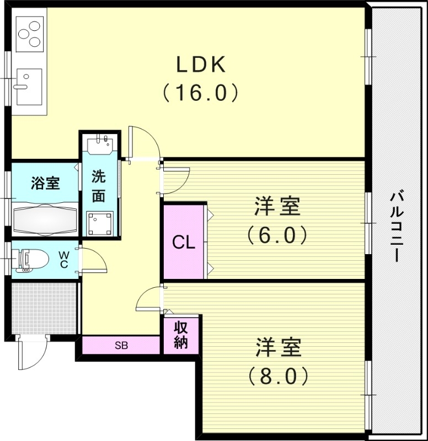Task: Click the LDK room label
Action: tap(201, 66)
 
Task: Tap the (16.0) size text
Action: tap(201, 92)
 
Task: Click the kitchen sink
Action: tap(28, 86)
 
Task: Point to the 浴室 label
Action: tap(45, 183)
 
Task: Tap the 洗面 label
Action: tap(99, 186)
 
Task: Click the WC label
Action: tap(64, 259)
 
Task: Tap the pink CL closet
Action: tap(184, 242)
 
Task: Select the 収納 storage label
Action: tap(181, 334)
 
